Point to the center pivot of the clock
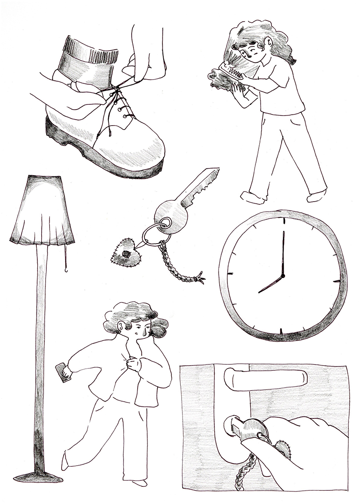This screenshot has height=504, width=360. click(x=282, y=276)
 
